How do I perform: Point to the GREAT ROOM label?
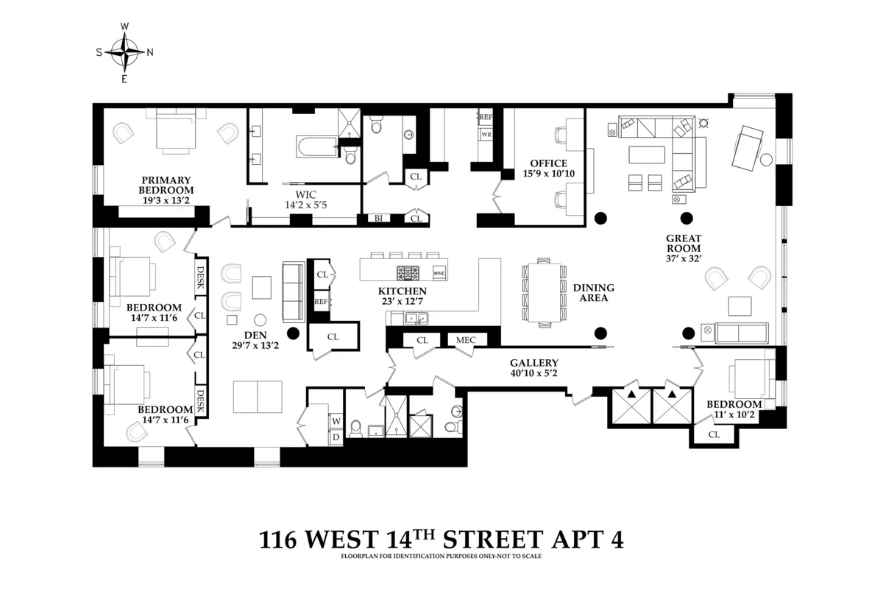click(x=684, y=243)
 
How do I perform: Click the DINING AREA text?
click(x=593, y=293)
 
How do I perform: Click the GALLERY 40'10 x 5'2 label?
click(x=534, y=368)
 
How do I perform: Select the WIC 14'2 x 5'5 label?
click(x=305, y=200)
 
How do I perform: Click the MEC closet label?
click(x=466, y=340)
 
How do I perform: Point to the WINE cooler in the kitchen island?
click(x=439, y=273)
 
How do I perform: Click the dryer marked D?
click(x=336, y=436)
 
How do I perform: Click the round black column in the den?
click(x=293, y=333)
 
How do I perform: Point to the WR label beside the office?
click(x=486, y=135)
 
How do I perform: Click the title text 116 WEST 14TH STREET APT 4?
click(x=441, y=540)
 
